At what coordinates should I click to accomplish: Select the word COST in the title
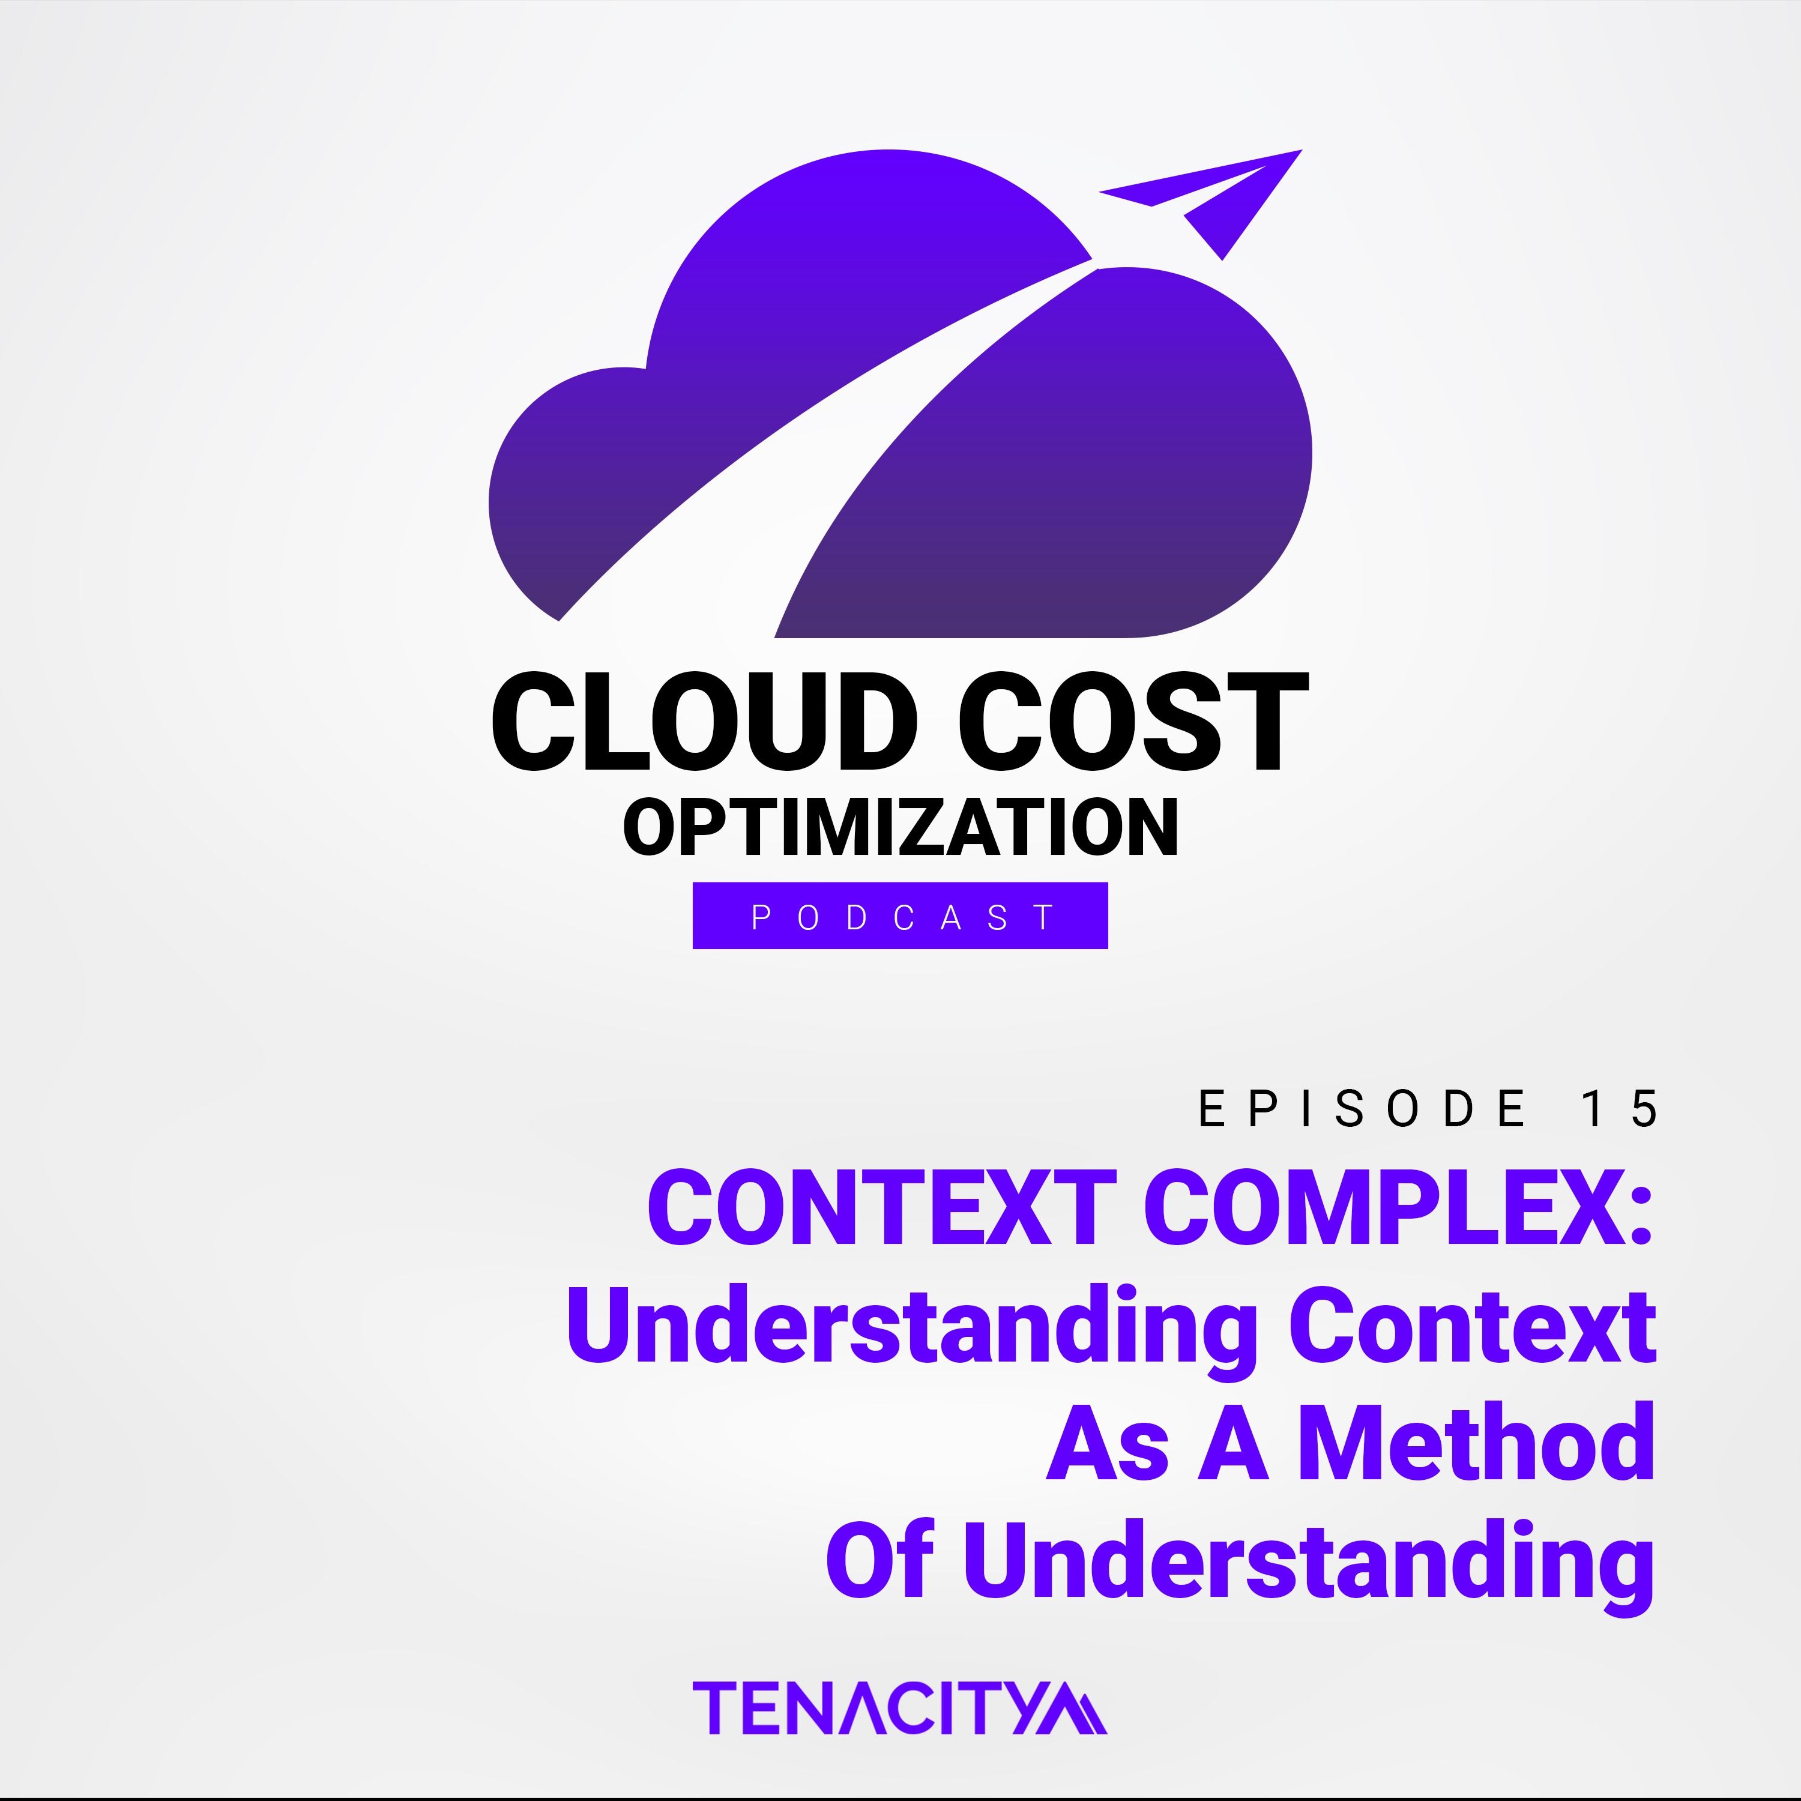pyautogui.click(x=1133, y=722)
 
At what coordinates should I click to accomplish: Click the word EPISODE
pyautogui.click(x=1362, y=1108)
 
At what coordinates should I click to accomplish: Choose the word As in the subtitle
pyautogui.click(x=1108, y=1443)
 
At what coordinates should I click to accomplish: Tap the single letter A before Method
pyautogui.click(x=1233, y=1443)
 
